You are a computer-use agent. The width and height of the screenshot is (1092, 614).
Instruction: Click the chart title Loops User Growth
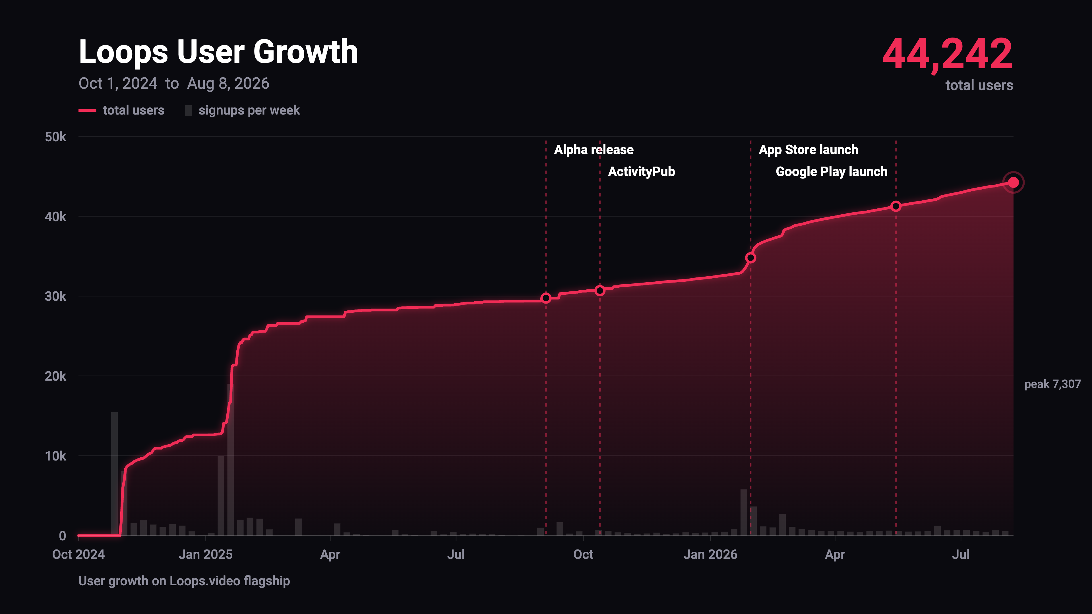pyautogui.click(x=218, y=52)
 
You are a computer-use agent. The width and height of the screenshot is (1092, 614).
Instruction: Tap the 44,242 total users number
pyautogui.click(x=948, y=54)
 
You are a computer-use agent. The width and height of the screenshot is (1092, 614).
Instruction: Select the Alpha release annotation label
pyautogui.click(x=593, y=150)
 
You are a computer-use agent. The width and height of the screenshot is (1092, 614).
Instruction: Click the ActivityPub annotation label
pyautogui.click(x=641, y=172)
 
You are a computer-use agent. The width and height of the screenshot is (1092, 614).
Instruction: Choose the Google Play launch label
pyautogui.click(x=831, y=172)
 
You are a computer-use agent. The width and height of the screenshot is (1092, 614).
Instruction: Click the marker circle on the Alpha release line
pyautogui.click(x=546, y=298)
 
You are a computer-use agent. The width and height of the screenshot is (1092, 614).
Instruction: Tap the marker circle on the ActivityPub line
pyautogui.click(x=600, y=290)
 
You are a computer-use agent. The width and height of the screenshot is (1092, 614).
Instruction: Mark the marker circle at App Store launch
pyautogui.click(x=750, y=258)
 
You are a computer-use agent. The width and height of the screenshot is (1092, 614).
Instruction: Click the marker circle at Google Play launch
pyautogui.click(x=896, y=206)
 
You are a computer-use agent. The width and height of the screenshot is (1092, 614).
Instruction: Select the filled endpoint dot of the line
pyautogui.click(x=1013, y=182)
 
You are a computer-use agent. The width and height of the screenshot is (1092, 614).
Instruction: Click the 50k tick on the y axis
pyautogui.click(x=55, y=137)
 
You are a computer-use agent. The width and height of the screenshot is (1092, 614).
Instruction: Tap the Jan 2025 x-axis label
pyautogui.click(x=206, y=554)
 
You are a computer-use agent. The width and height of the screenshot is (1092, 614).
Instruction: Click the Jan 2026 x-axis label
pyautogui.click(x=710, y=554)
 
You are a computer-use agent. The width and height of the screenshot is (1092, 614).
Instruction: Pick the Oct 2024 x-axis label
pyautogui.click(x=78, y=554)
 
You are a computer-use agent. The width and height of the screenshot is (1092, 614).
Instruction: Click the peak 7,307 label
pyautogui.click(x=1052, y=384)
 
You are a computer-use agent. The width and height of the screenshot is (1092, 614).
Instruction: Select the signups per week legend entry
pyautogui.click(x=243, y=111)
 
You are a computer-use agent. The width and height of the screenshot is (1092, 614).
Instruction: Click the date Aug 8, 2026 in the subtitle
pyautogui.click(x=228, y=84)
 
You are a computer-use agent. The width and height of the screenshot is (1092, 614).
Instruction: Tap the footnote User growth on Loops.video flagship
pyautogui.click(x=184, y=581)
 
